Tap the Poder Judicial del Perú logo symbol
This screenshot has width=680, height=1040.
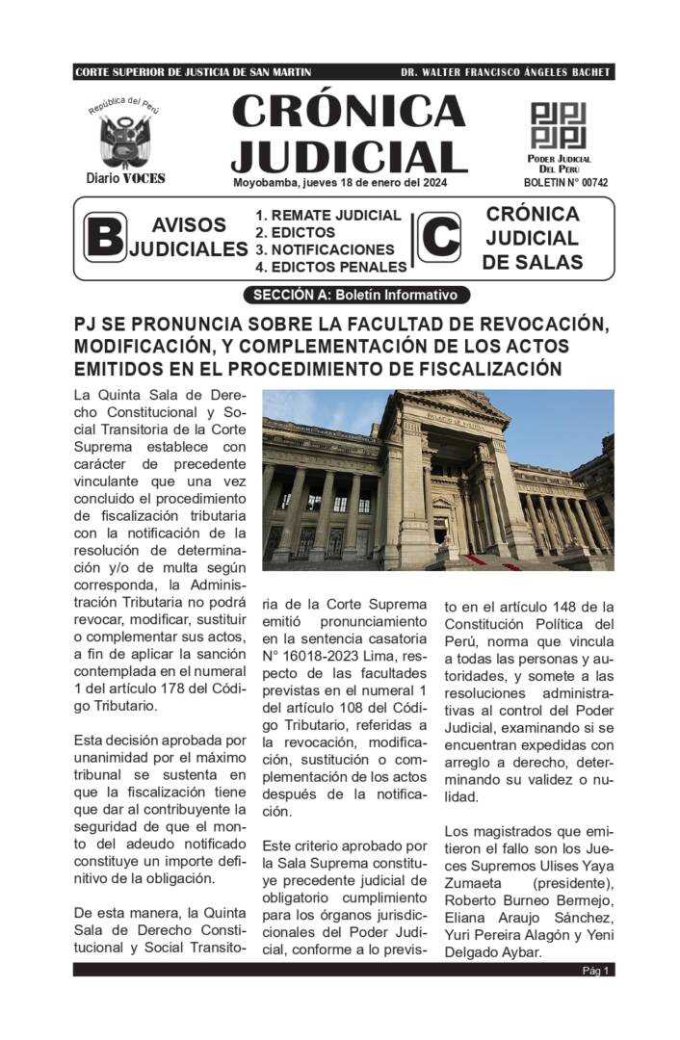pyautogui.click(x=558, y=125)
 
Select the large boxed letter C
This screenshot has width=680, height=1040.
pyautogui.click(x=439, y=238)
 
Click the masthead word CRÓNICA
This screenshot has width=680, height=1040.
pyautogui.click(x=349, y=113)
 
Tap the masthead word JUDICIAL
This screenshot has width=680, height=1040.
pyautogui.click(x=349, y=156)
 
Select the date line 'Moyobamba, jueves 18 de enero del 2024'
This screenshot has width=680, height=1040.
pyautogui.click(x=339, y=183)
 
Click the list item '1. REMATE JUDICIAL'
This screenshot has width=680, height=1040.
pyautogui.click(x=327, y=216)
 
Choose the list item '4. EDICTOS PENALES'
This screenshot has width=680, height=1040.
pyautogui.click(x=330, y=267)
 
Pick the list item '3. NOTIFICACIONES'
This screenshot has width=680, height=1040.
pyautogui.click(x=325, y=249)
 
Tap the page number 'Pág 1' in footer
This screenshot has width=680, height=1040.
pyautogui.click(x=595, y=971)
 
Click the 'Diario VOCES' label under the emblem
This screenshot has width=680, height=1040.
pyautogui.click(x=125, y=178)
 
